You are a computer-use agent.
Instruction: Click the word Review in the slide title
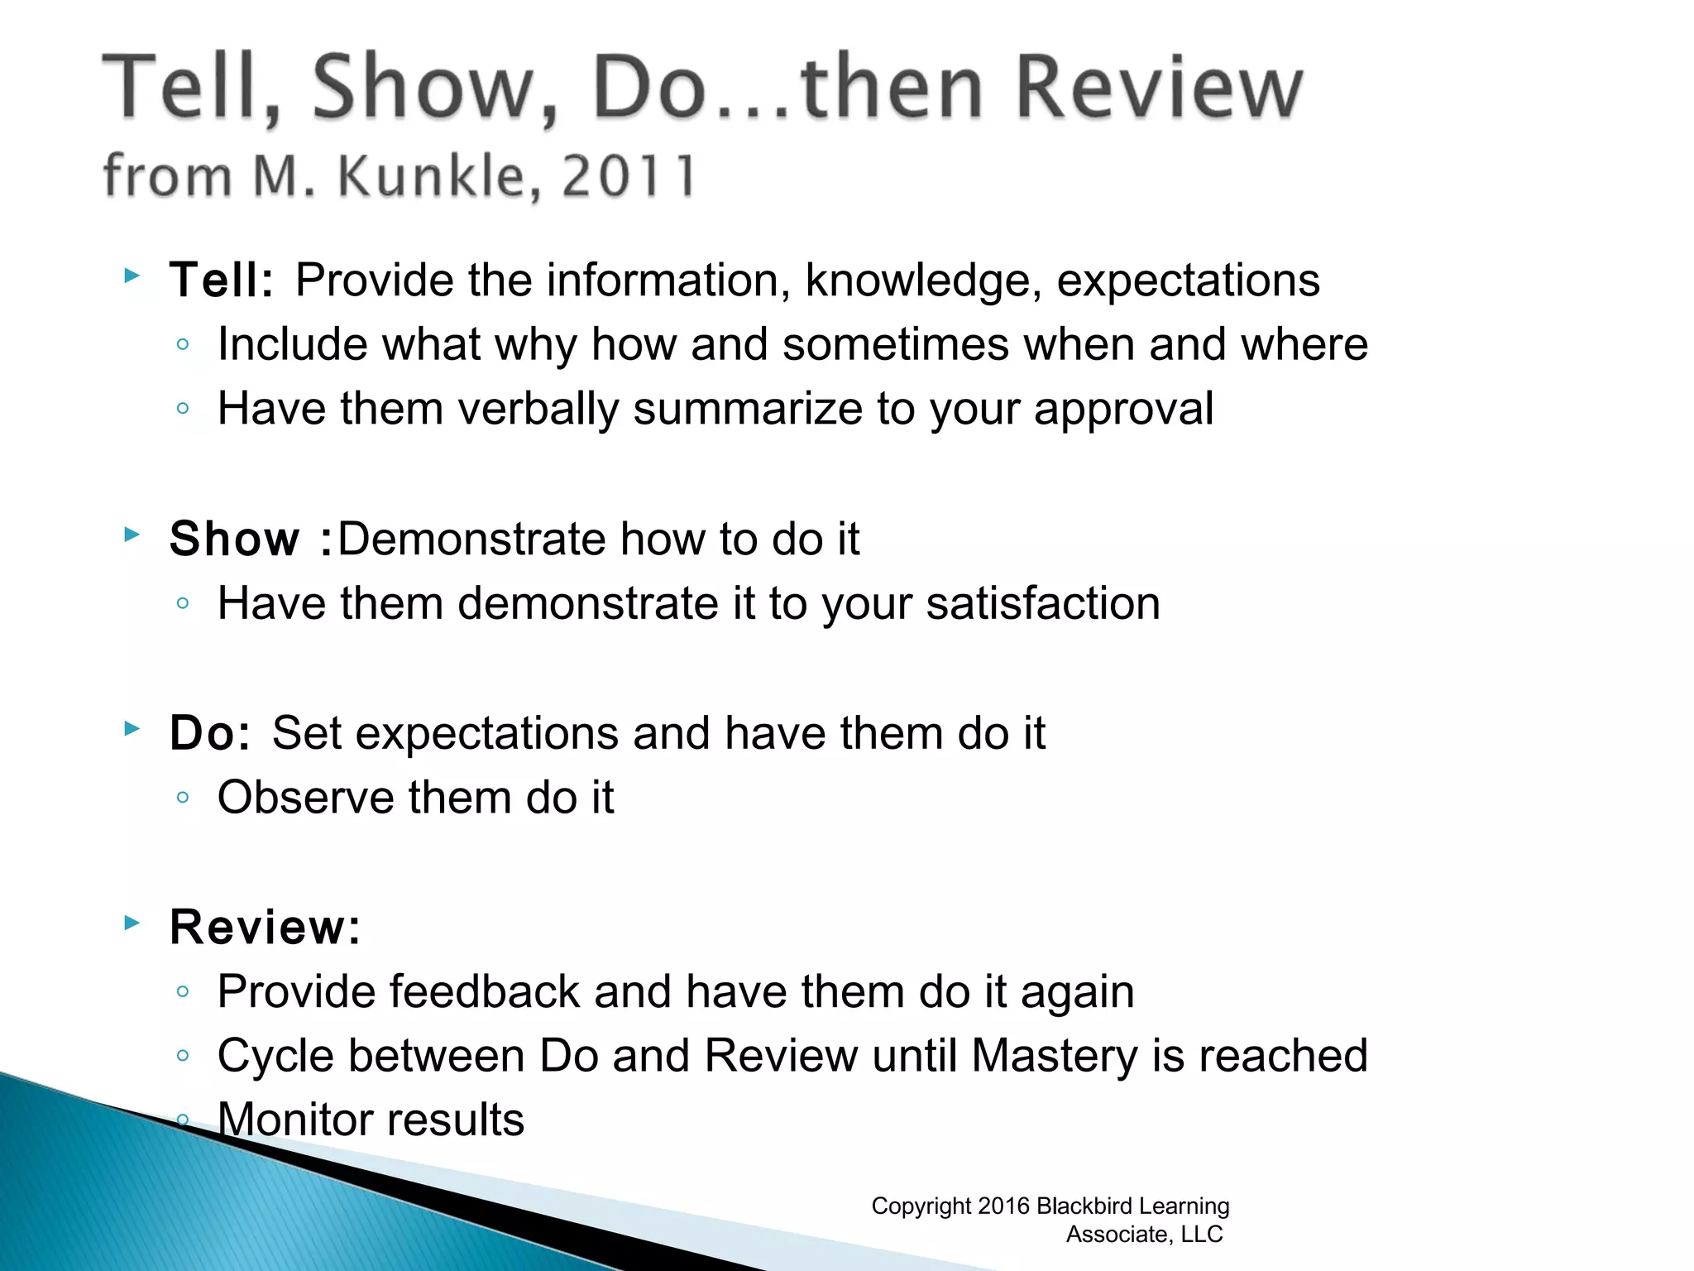point(1158,87)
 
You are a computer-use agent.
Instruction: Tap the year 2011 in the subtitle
point(629,176)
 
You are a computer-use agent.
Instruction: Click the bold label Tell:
point(221,280)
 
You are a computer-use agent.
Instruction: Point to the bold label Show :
point(250,539)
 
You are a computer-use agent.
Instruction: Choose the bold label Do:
point(209,733)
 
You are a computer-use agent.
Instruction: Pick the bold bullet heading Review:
point(265,927)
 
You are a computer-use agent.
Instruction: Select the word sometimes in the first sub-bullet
point(896,344)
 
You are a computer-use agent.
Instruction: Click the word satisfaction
point(1043,603)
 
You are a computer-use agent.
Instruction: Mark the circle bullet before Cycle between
point(184,1056)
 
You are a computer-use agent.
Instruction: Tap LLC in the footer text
point(1202,1235)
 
